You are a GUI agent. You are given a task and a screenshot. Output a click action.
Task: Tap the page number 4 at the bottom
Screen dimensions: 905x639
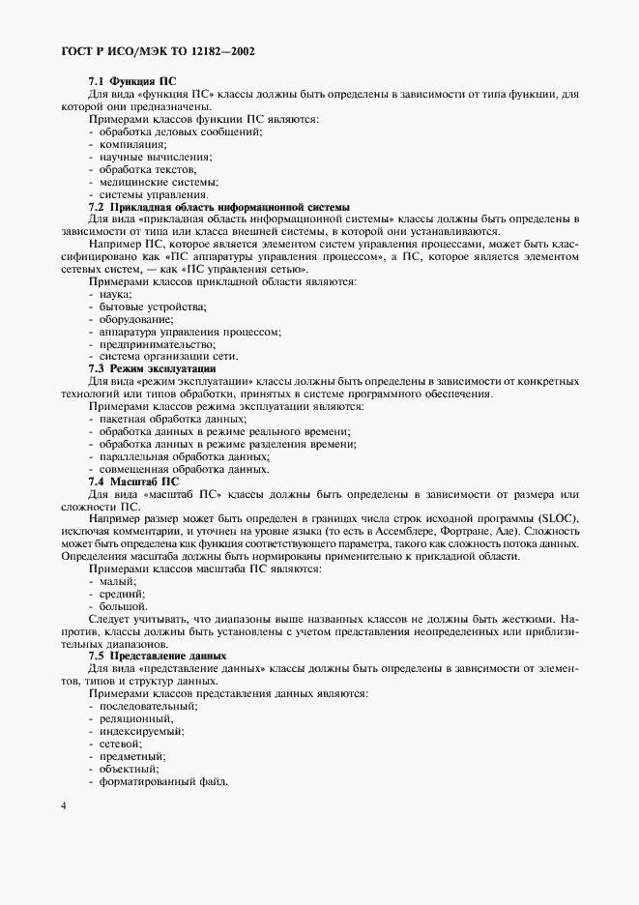63,805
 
